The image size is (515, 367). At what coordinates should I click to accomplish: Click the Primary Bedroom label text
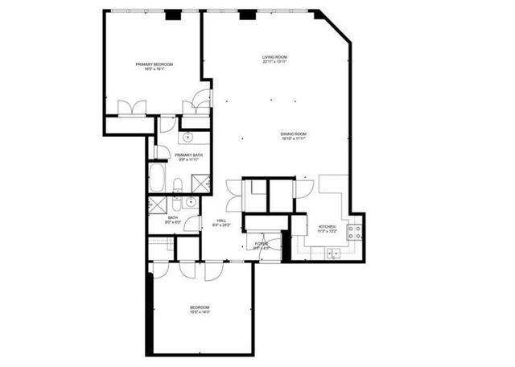tap(154, 64)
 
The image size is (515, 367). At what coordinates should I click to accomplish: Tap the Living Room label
tap(274, 57)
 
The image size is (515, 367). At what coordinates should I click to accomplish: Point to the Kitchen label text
tap(327, 226)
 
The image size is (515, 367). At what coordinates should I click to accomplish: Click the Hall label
tap(221, 221)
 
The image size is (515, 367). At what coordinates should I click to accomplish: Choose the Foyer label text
tap(261, 243)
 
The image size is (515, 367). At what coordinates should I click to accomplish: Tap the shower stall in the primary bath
tap(201, 183)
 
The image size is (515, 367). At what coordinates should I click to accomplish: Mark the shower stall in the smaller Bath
tap(157, 204)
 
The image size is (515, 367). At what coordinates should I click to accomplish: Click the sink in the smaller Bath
tap(191, 202)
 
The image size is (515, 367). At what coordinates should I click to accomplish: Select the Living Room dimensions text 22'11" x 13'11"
tap(274, 63)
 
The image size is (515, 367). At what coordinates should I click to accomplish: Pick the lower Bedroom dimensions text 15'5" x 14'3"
tap(200, 313)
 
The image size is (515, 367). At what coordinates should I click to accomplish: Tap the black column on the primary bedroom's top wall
tap(172, 14)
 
